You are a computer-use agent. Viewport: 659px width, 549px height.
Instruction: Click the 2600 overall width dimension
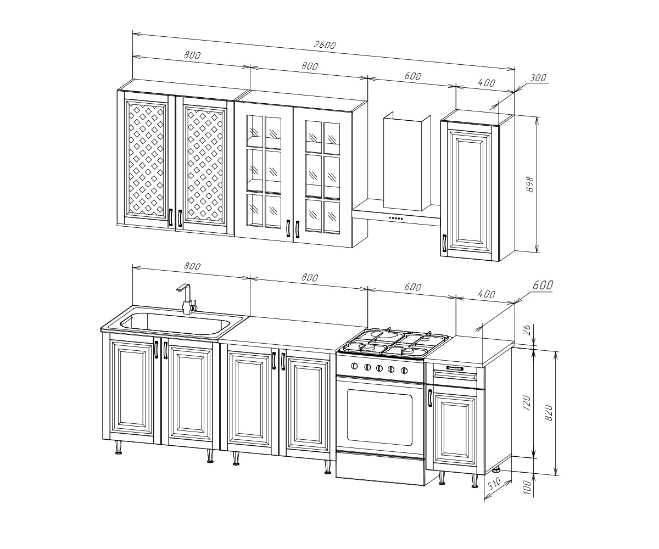pyautogui.click(x=325, y=45)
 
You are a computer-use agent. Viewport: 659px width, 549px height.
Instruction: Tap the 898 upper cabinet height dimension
pyautogui.click(x=530, y=184)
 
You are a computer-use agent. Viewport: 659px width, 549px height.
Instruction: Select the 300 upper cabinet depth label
pyautogui.click(x=538, y=77)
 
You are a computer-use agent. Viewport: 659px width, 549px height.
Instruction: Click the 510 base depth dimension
pyautogui.click(x=495, y=483)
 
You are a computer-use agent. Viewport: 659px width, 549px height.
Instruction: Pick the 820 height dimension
pyautogui.click(x=549, y=412)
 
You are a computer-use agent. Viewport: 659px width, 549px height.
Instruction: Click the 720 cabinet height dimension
pyautogui.click(x=527, y=402)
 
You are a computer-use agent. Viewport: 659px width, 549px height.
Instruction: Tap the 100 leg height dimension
pyautogui.click(x=527, y=486)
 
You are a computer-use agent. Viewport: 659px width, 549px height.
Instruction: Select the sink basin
pyautogui.click(x=175, y=324)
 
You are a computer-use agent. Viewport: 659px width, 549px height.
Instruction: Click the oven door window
pyautogui.click(x=379, y=417)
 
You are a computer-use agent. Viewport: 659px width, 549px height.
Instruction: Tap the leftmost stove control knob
pyautogui.click(x=354, y=366)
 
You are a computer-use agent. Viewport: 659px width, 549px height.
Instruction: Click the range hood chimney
pyautogui.click(x=407, y=161)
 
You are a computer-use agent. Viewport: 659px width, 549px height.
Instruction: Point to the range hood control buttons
pyautogui.click(x=396, y=218)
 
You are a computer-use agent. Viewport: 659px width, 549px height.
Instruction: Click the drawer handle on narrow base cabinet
pyautogui.click(x=455, y=368)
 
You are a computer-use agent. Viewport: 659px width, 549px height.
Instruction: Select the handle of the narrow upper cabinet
pyautogui.click(x=444, y=243)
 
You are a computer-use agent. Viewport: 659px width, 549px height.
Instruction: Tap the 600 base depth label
pyautogui.click(x=543, y=285)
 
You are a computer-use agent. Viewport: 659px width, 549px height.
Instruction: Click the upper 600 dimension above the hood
pyautogui.click(x=412, y=76)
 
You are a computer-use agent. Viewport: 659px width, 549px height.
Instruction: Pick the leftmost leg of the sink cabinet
pyautogui.click(x=119, y=447)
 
